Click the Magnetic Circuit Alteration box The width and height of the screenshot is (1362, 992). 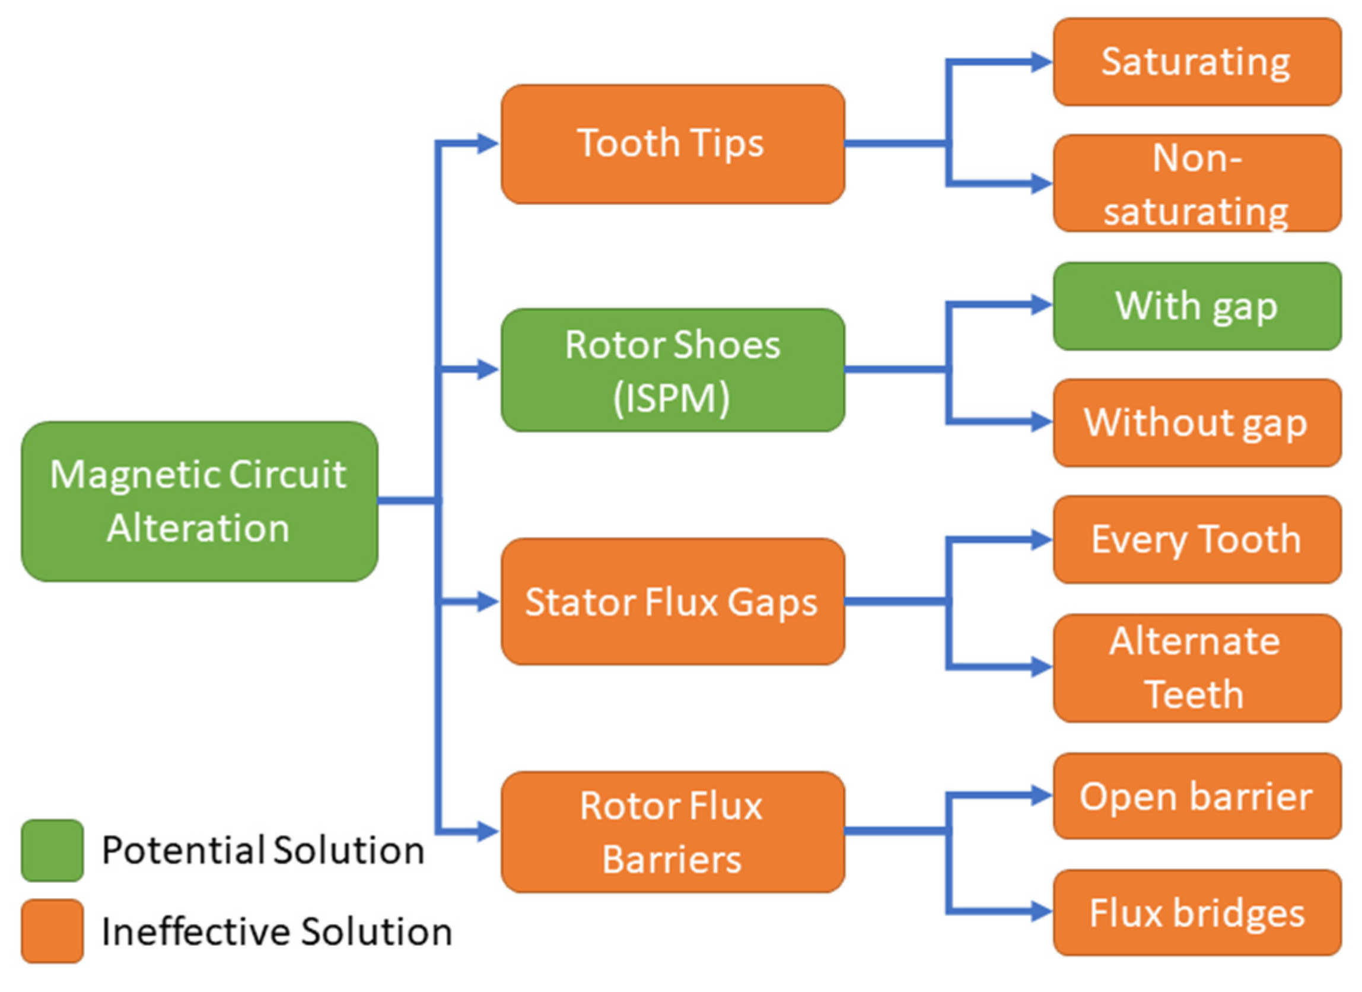(x=199, y=501)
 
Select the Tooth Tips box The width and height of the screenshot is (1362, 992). (x=673, y=144)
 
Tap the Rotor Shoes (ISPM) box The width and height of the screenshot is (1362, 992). (x=673, y=370)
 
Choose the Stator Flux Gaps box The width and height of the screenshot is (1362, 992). (x=673, y=601)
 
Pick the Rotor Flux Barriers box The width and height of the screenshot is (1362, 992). (x=673, y=832)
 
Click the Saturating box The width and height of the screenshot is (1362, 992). (x=1198, y=62)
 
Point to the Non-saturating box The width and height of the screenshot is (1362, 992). (x=1198, y=183)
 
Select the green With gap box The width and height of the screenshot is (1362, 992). (x=1198, y=306)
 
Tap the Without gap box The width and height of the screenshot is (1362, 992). (x=1198, y=423)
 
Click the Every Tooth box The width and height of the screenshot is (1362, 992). (x=1198, y=539)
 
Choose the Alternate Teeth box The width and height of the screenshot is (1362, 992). (x=1198, y=667)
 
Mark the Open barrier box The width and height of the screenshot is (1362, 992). (x=1198, y=796)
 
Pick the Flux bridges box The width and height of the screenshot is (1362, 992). (x=1198, y=912)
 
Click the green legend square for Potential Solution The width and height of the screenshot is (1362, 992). (x=52, y=850)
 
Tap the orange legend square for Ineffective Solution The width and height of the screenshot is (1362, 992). (x=52, y=931)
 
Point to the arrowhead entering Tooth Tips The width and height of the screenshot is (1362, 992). (x=488, y=144)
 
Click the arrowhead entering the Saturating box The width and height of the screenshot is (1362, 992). (x=1041, y=62)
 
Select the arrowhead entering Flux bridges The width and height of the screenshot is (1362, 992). (x=1041, y=912)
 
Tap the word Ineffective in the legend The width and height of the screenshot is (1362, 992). (x=196, y=931)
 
